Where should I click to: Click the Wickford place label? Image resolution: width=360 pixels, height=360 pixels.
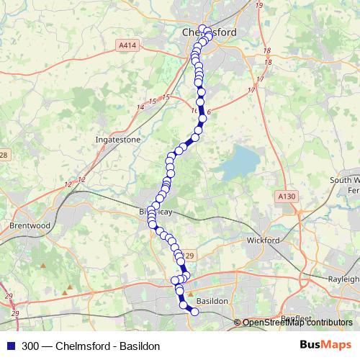pyautogui.click(x=263, y=239)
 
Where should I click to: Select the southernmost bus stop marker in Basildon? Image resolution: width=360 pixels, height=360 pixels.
pyautogui.click(x=193, y=311)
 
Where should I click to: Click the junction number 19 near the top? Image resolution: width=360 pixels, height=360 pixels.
pyautogui.click(x=258, y=6)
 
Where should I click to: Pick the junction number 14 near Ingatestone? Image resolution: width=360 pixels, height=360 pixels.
pyautogui.click(x=140, y=107)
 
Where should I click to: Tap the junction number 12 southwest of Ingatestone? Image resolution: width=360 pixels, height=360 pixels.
pyautogui.click(x=81, y=179)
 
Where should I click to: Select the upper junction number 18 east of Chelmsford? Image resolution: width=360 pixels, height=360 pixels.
pyautogui.click(x=267, y=50)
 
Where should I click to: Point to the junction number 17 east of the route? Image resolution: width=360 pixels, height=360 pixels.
pyautogui.click(x=261, y=79)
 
